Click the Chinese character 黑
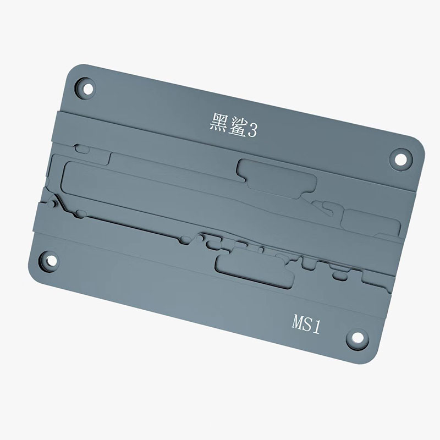click(x=218, y=121)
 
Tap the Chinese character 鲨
click(x=237, y=127)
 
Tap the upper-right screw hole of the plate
click(x=401, y=159)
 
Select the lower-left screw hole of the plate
click(x=49, y=261)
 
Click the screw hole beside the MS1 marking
click(x=357, y=338)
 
